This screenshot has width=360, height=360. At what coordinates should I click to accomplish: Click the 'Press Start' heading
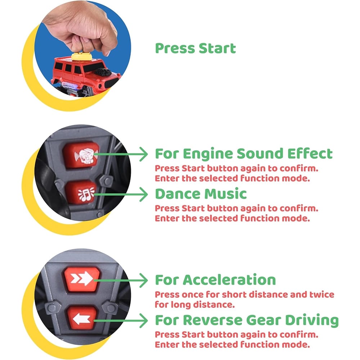coord(195,49)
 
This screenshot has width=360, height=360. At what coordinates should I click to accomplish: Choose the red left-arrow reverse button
coord(82,318)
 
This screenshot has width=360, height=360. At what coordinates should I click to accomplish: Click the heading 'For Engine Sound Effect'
coord(244,154)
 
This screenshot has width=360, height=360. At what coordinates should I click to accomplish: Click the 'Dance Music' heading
coord(201,194)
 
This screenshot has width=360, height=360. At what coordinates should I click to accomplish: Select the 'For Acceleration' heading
coord(215,280)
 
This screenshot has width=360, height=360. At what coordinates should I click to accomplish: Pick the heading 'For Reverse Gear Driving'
coord(247,320)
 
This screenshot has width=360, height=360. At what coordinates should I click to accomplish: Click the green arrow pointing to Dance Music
coord(121,194)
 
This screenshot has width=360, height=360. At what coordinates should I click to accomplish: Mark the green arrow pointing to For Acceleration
coord(121,280)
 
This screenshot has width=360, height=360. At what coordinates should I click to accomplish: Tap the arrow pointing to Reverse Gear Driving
coord(121,321)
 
